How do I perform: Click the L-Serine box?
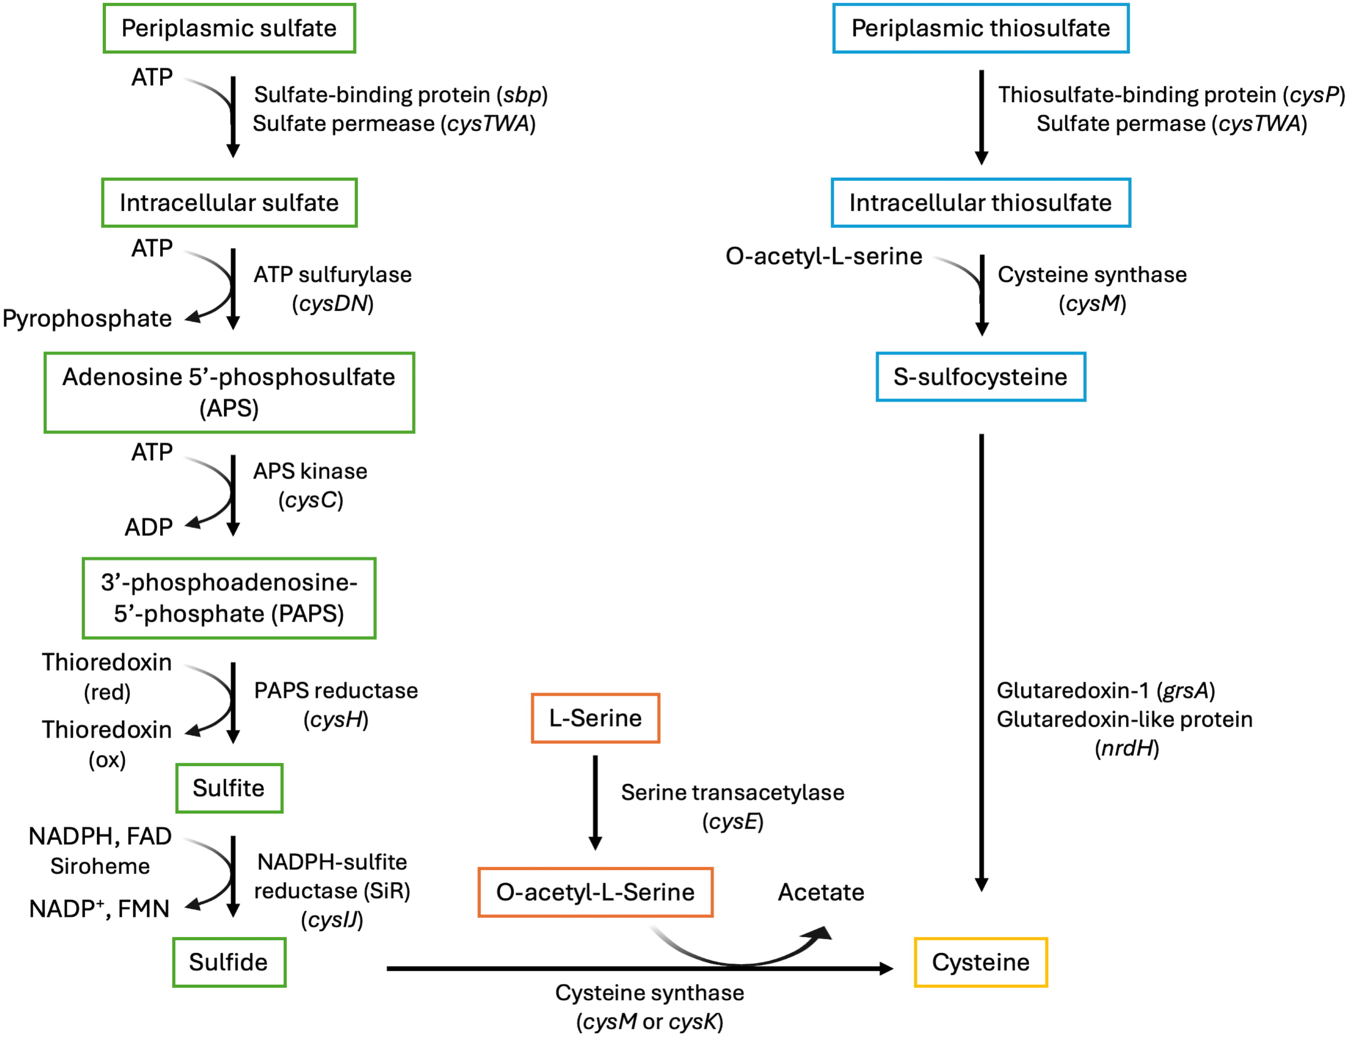coord(595,718)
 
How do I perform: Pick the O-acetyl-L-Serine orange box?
coord(595,892)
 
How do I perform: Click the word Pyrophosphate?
coord(87,319)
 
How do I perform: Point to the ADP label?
coord(149,528)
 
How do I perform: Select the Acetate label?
coord(821,892)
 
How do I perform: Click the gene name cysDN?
coord(333,303)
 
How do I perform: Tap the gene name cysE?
coord(733,821)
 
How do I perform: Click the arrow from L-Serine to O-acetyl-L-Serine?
coord(595,801)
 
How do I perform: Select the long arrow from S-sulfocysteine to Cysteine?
coord(982,659)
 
